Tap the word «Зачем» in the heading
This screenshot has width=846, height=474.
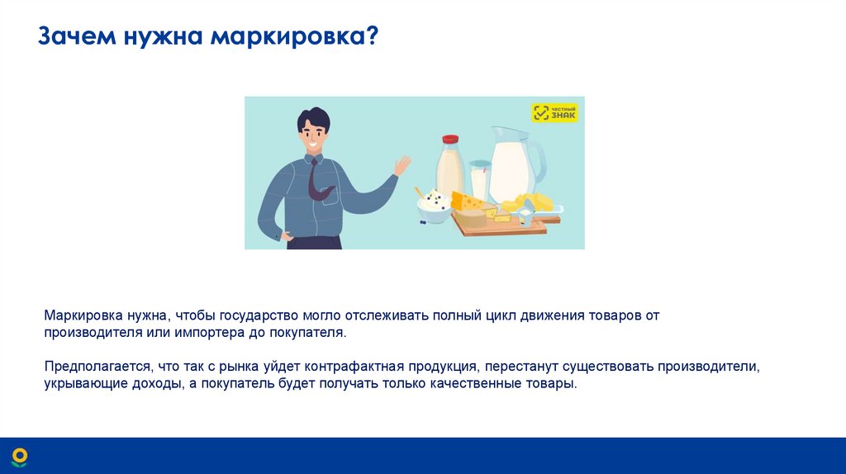click(78, 38)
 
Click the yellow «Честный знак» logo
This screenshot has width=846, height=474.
click(554, 113)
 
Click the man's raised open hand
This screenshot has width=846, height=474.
click(402, 165)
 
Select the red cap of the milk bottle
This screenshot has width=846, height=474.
click(450, 140)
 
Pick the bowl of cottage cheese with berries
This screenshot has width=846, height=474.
click(435, 206)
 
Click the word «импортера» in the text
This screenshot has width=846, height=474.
click(206, 332)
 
